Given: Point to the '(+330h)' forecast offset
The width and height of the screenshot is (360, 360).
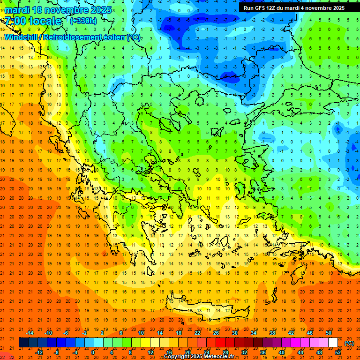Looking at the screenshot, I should coord(83,21).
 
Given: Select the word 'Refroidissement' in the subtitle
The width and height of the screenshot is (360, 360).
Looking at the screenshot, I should coord(79,37).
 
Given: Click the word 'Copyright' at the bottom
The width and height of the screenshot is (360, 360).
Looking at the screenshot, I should coord(177,357).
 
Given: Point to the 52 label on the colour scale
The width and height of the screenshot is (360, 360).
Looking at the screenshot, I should coord(338,352).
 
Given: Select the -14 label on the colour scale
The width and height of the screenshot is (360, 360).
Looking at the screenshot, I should coord(30,333).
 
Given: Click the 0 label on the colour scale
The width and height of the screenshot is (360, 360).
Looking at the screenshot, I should coord(93,352).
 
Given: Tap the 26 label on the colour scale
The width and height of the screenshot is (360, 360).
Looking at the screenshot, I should coord(216,333).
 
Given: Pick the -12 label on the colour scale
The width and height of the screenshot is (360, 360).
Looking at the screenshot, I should coord(39,352).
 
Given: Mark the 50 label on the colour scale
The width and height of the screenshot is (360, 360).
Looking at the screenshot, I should coord(328,333).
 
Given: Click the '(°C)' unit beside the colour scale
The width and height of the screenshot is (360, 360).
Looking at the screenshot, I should coord(349,343).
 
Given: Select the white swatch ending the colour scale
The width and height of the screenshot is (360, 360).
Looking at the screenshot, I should coord(333,343).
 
